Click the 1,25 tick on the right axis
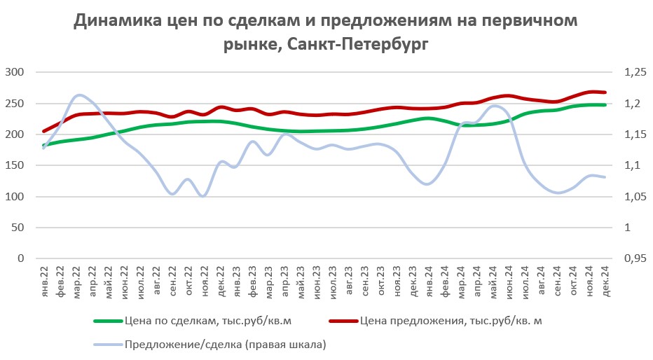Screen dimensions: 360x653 [633, 72]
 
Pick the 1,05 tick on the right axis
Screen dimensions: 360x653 [633, 197]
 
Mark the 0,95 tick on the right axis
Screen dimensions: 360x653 [633, 259]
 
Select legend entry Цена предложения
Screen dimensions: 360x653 [451, 321]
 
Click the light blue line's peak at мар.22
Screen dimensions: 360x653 [78, 95]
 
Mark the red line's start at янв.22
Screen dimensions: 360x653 [44, 131]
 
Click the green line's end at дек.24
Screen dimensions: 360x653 [605, 105]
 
